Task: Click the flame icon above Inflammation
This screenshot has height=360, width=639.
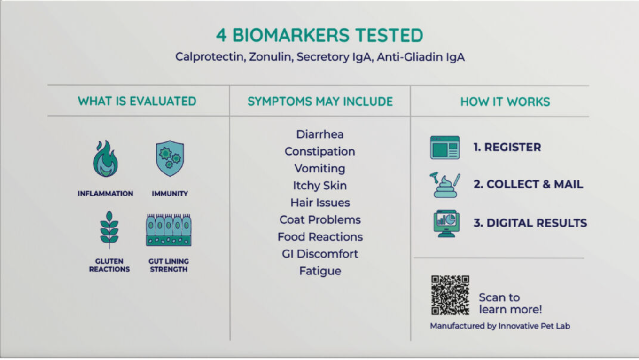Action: (105, 158)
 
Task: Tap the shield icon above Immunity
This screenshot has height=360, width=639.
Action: (170, 158)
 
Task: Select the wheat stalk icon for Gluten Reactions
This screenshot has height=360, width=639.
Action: (109, 229)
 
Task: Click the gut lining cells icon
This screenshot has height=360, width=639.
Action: (169, 230)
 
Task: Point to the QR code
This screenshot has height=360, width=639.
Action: (450, 295)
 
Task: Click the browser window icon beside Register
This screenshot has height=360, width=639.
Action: (445, 148)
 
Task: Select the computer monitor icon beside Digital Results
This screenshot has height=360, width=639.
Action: (446, 223)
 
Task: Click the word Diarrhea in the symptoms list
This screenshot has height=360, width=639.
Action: (320, 134)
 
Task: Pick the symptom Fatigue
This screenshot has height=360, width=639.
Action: (320, 271)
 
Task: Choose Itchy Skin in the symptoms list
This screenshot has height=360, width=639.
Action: (320, 186)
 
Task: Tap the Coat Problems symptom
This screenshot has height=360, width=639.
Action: (320, 219)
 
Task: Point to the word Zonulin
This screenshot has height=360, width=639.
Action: (271, 57)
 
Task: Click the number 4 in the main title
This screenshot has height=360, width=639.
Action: (221, 35)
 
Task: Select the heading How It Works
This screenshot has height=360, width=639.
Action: (505, 102)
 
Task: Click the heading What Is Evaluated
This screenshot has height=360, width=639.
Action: (137, 101)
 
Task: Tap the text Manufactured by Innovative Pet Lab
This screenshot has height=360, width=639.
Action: (500, 326)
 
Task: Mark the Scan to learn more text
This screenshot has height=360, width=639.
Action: (510, 304)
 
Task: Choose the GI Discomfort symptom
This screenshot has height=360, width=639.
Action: (320, 254)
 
